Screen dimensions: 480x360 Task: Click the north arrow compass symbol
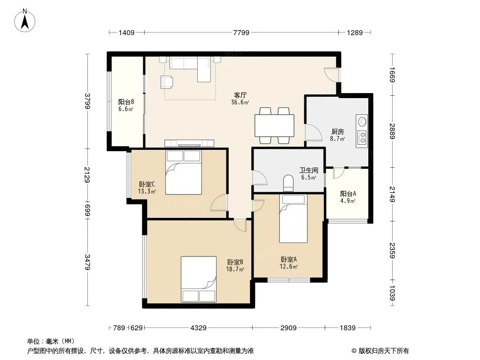(x=25, y=21)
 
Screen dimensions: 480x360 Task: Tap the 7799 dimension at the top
(x=241, y=32)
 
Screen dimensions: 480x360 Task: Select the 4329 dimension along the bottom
(x=199, y=328)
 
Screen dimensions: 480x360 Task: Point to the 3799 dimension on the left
(x=87, y=101)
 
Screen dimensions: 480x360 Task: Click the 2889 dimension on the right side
(x=392, y=131)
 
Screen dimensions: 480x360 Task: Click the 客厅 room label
(x=240, y=95)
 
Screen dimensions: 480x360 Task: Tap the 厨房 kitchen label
(x=337, y=131)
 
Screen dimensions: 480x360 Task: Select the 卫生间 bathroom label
(x=308, y=170)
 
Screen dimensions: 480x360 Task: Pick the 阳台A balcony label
(x=348, y=193)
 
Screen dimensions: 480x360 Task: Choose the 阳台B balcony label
(x=126, y=102)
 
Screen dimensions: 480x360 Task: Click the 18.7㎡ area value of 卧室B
(x=235, y=269)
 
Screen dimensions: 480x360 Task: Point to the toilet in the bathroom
(x=288, y=183)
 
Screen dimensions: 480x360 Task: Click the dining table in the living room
(x=274, y=126)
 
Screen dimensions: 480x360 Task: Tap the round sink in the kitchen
(x=362, y=121)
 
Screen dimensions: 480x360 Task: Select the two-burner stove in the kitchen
(x=362, y=137)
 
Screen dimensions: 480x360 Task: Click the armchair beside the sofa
(x=167, y=81)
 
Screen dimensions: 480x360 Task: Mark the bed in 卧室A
(x=293, y=219)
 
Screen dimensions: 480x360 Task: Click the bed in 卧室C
(x=184, y=172)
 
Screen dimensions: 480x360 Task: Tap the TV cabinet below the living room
(x=189, y=143)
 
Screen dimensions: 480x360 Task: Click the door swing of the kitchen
(x=313, y=132)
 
